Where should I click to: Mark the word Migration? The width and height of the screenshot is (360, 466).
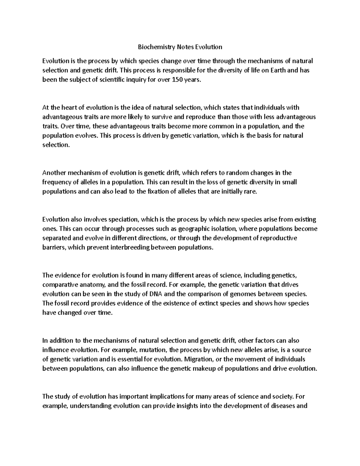198,359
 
